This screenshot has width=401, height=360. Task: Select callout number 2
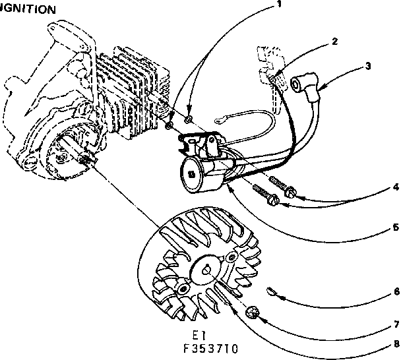click(x=335, y=41)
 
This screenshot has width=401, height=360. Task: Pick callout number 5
click(x=394, y=227)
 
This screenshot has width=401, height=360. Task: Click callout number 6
click(x=394, y=290)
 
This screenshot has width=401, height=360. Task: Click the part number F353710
click(x=211, y=347)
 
